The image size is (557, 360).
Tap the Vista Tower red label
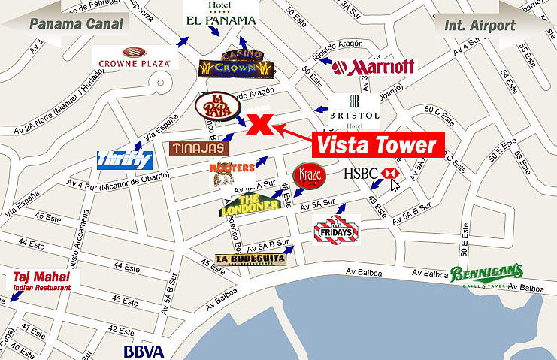pyautogui.click(x=375, y=144)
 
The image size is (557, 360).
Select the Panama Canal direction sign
pyautogui.click(x=65, y=23)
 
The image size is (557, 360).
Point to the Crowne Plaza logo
pyautogui.click(x=136, y=57)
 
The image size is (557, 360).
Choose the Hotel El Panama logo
pyautogui.click(x=220, y=16)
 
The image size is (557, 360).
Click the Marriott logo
pyautogui.click(x=373, y=67)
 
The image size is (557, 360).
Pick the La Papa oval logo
pyautogui.click(x=217, y=107)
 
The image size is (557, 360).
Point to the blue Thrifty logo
pyautogui.click(x=125, y=159)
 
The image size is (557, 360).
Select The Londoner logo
pyautogui.click(x=250, y=204)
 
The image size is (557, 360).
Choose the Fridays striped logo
pyautogui.click(x=336, y=230)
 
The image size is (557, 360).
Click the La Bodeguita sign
pyautogui.click(x=250, y=259)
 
